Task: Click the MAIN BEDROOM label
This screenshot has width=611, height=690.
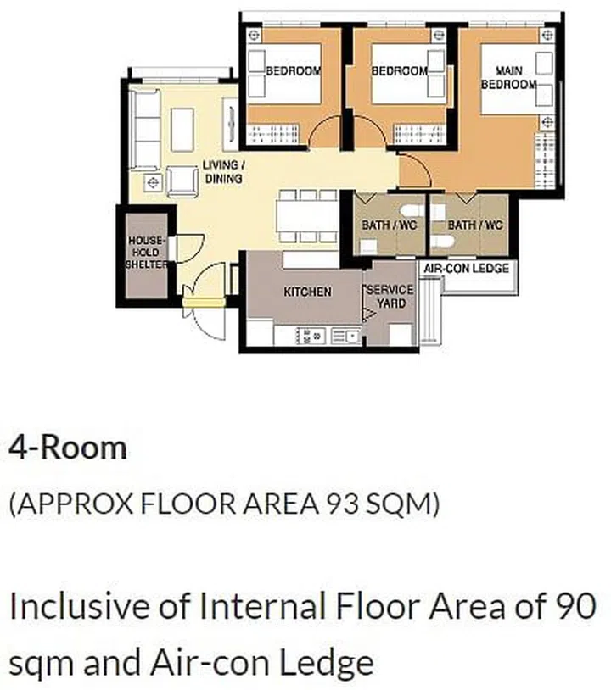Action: click(508, 78)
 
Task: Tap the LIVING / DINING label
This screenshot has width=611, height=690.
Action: click(223, 172)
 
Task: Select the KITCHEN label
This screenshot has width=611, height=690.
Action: click(307, 292)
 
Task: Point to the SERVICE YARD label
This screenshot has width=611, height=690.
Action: click(390, 296)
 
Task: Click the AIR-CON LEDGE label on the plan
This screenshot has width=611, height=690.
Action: click(466, 268)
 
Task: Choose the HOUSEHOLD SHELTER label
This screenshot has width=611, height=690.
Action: click(146, 253)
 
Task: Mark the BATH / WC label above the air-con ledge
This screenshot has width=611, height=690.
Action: click(475, 225)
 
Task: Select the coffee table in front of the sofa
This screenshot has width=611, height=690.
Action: click(182, 129)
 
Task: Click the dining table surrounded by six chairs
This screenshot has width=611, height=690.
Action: click(306, 216)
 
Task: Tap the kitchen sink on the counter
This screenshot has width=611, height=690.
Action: click(345, 337)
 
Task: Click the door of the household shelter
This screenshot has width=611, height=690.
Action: click(187, 248)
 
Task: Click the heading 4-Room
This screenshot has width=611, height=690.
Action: click(67, 447)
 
